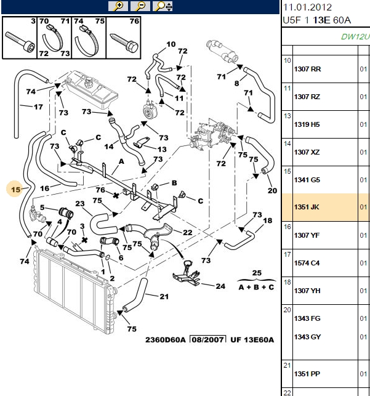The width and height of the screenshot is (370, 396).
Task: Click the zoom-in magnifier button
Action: tap(118, 6)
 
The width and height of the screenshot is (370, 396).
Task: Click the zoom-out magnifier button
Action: tap(140, 6)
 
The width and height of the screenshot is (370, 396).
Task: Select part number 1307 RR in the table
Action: tap(307, 69)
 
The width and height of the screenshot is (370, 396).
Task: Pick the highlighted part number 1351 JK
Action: tap(307, 207)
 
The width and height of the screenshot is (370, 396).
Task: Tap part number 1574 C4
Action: tap(307, 263)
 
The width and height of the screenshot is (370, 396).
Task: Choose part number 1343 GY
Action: tap(307, 337)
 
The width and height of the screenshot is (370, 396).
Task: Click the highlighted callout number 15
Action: tap(15, 189)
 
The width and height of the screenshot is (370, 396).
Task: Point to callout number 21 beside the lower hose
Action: tap(164, 296)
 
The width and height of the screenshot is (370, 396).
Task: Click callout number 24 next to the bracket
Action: tap(220, 286)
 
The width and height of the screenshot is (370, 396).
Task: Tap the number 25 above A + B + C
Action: tap(257, 273)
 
